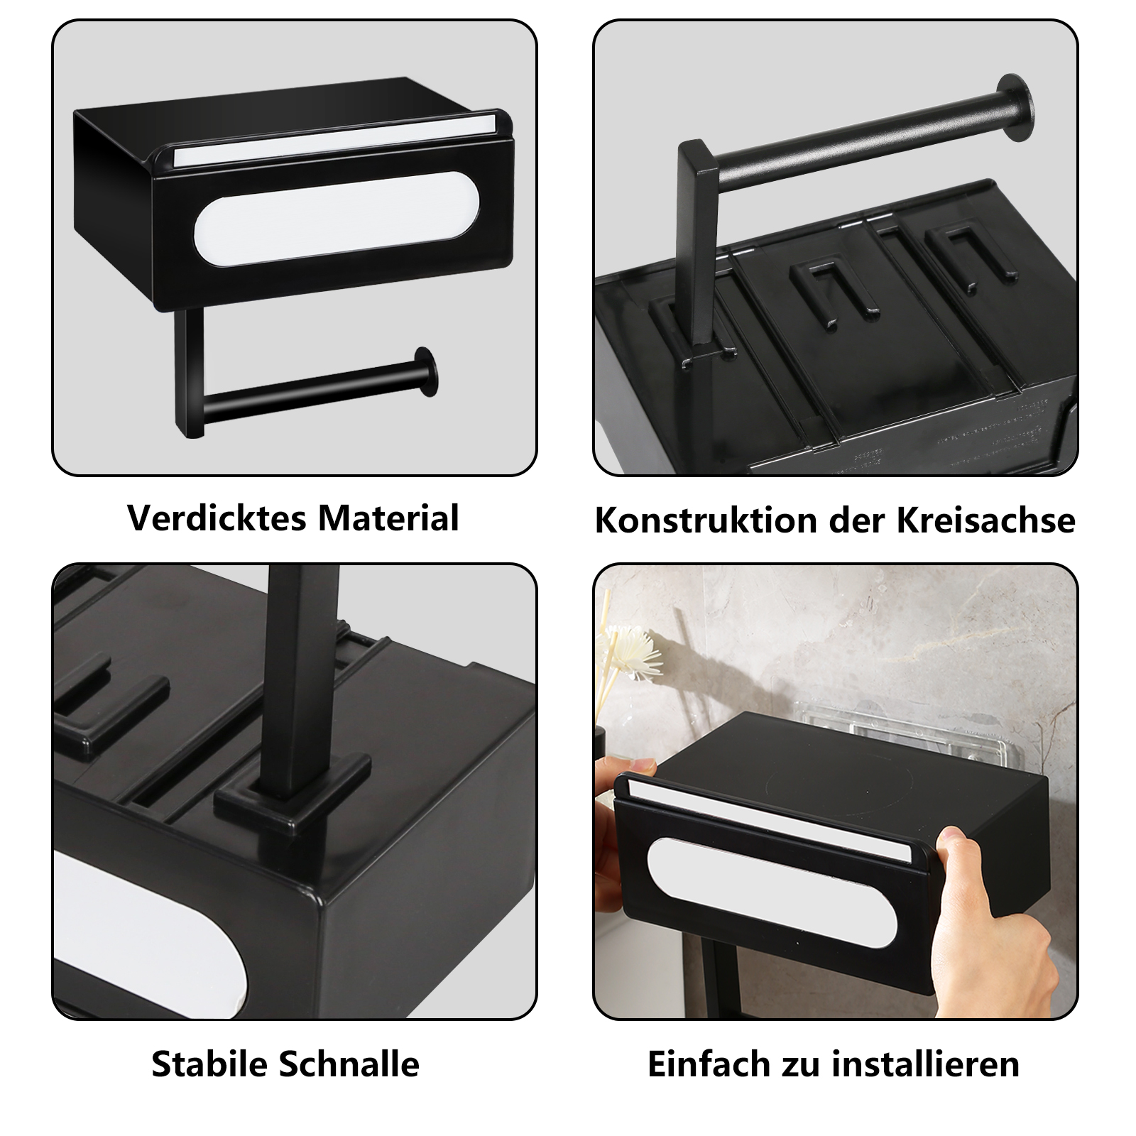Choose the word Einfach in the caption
[709, 1064]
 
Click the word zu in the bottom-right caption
[801, 1065]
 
